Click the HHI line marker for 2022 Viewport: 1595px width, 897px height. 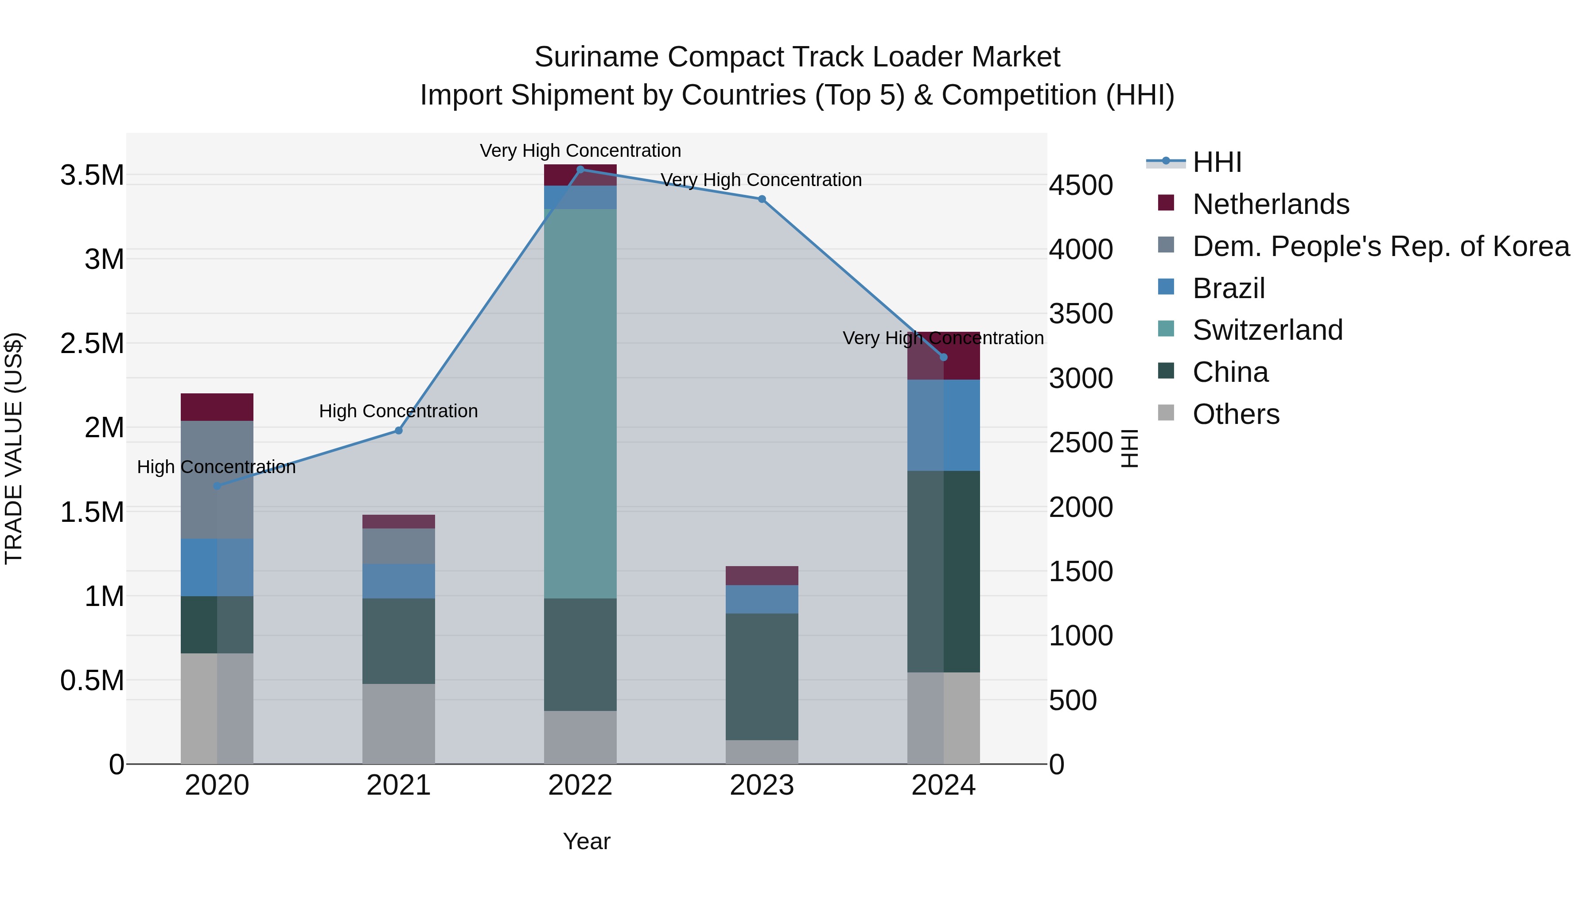pos(580,169)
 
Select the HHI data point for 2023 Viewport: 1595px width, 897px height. pos(762,199)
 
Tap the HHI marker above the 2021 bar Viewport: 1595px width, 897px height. pos(399,431)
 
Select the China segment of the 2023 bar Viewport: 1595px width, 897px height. pos(762,676)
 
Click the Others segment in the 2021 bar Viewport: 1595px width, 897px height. pos(399,724)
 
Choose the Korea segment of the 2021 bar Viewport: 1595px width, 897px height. pos(399,546)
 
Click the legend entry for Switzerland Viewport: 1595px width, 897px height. pos(1267,330)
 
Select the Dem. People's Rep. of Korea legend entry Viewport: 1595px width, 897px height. pos(1380,246)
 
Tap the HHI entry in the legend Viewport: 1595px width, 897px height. pos(1216,162)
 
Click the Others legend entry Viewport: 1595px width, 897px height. pos(1235,414)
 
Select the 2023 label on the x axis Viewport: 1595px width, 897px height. pos(762,785)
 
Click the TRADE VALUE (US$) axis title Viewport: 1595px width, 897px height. pos(14,448)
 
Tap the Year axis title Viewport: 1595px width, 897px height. pos(586,841)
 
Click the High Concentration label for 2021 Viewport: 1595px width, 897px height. pos(398,411)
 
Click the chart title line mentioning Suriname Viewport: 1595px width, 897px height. pos(797,57)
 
